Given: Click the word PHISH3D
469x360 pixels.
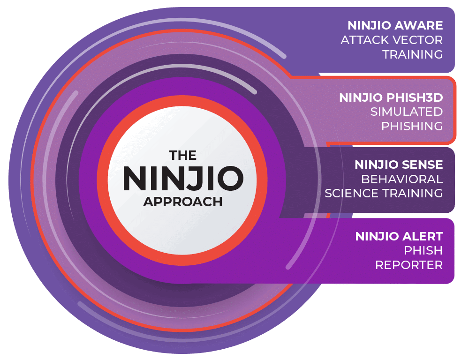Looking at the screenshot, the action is tap(415, 97).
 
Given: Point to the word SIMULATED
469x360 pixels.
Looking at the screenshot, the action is tap(407, 112).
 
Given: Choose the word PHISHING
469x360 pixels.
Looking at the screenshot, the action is tap(412, 126).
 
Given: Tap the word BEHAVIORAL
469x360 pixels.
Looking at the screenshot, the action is tap(402, 179).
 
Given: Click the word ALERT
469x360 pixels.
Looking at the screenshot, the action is tap(423, 237).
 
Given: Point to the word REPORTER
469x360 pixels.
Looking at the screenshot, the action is tap(409, 265).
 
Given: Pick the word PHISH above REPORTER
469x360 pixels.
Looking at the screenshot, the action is tap(423, 251).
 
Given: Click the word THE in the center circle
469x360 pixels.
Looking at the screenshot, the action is tap(183, 156).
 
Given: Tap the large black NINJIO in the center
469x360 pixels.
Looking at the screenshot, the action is tap(183, 179).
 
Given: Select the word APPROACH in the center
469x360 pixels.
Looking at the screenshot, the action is tap(183, 202).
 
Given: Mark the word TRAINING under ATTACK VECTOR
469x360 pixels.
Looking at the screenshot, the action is tap(412, 54).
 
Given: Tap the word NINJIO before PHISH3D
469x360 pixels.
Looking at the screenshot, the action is tap(361, 97).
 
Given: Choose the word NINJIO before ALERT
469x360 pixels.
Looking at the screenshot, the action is tap(377, 237).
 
